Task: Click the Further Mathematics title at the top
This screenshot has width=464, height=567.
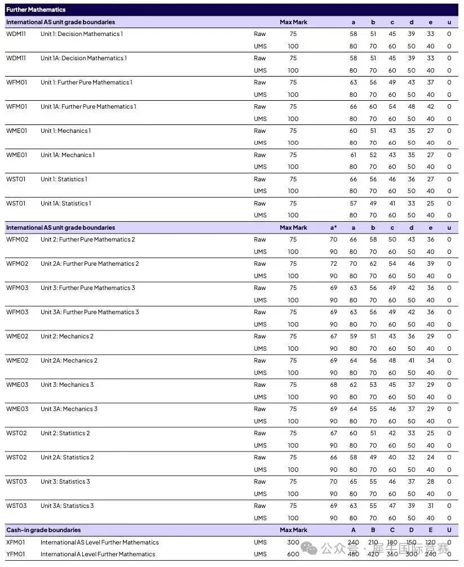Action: pyautogui.click(x=36, y=10)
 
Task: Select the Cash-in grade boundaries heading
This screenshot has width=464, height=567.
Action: pyautogui.click(x=43, y=530)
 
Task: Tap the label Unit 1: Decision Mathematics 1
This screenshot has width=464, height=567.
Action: pyautogui.click(x=82, y=34)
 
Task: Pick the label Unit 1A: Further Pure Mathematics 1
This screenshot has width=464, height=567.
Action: pyautogui.click(x=88, y=106)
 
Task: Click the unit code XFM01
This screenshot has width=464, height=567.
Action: pyautogui.click(x=16, y=542)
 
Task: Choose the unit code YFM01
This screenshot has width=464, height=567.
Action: pyautogui.click(x=16, y=554)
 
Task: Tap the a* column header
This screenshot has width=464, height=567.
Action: pyautogui.click(x=333, y=227)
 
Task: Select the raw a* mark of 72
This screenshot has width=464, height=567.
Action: pyautogui.click(x=334, y=264)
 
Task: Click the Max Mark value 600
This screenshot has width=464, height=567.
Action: pyautogui.click(x=293, y=554)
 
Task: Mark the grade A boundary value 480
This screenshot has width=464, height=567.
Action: pyautogui.click(x=353, y=554)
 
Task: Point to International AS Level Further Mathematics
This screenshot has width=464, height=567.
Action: pyautogui.click(x=99, y=542)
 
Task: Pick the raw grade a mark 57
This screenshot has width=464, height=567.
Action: pyautogui.click(x=353, y=203)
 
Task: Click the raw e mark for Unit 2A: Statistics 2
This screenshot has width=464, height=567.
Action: pyautogui.click(x=431, y=457)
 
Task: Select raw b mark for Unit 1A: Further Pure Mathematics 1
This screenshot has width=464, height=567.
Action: pyautogui.click(x=373, y=106)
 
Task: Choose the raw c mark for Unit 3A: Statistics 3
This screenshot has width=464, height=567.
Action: pyautogui.click(x=392, y=506)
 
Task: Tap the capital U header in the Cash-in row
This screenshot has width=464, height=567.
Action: pyautogui.click(x=449, y=530)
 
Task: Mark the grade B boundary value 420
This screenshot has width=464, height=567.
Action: pyautogui.click(x=373, y=554)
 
